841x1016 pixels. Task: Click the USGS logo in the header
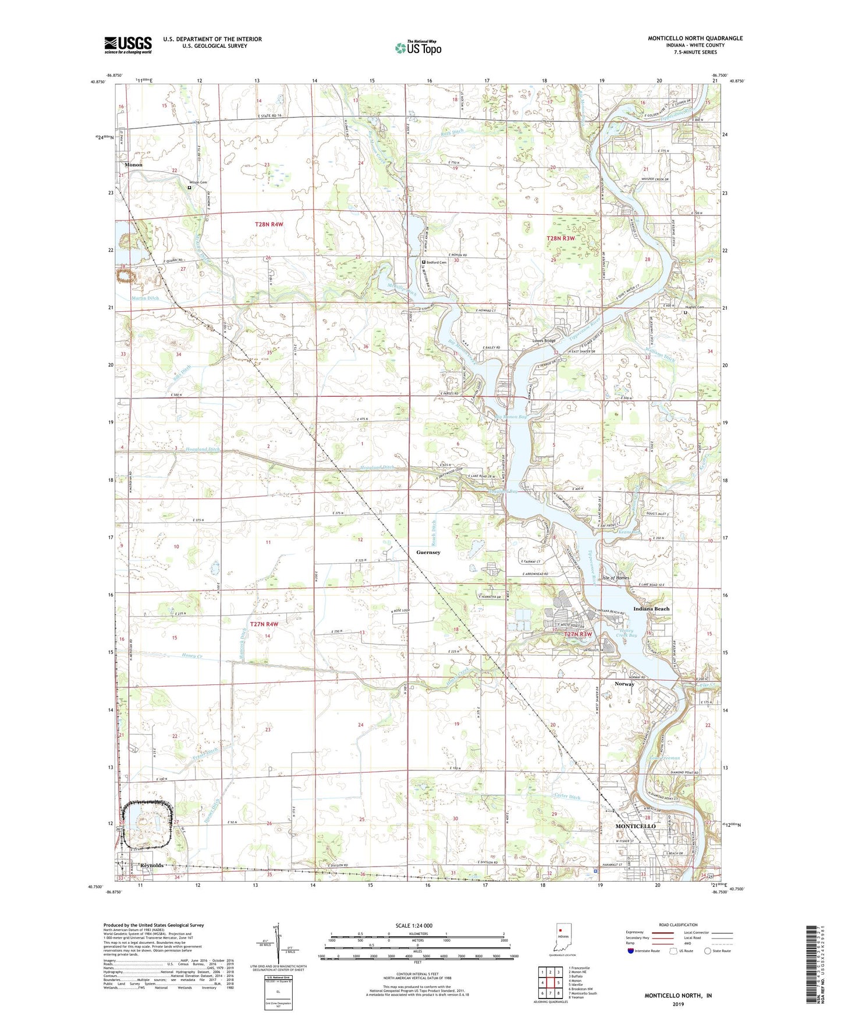[127, 45]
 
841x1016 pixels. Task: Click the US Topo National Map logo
[417, 48]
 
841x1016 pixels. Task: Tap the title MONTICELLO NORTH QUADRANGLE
[695, 38]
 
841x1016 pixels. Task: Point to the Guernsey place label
[428, 552]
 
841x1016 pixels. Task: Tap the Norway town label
[624, 684]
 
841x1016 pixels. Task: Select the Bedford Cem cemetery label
[436, 262]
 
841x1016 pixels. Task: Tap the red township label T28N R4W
[268, 224]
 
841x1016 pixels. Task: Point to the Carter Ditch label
[566, 797]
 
